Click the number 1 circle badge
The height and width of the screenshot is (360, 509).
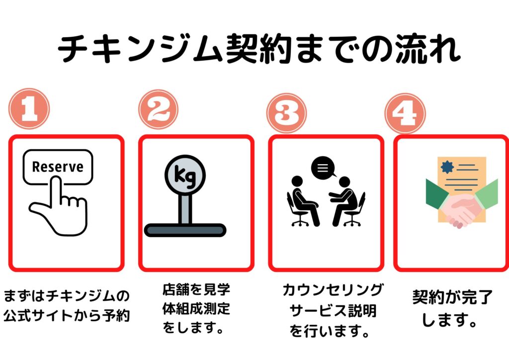pyautogui.click(x=29, y=109)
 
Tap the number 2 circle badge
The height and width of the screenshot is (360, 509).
pyautogui.click(x=159, y=110)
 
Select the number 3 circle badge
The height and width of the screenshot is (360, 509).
pyautogui.click(x=286, y=113)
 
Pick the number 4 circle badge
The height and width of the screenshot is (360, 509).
pyautogui.click(x=405, y=113)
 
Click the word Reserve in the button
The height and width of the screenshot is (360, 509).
pyautogui.click(x=58, y=167)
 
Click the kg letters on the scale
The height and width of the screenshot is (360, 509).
pyautogui.click(x=185, y=176)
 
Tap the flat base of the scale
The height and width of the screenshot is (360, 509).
pyautogui.click(x=185, y=230)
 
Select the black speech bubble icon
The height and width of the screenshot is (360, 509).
pyautogui.click(x=323, y=168)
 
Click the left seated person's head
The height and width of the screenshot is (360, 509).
pyautogui.click(x=297, y=181)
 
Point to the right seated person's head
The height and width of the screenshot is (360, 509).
pyautogui.click(x=344, y=182)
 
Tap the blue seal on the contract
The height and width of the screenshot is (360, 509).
pyautogui.click(x=447, y=167)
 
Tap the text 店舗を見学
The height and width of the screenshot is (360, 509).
pyautogui.click(x=196, y=289)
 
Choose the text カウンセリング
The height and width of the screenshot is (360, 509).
pyautogui.click(x=333, y=290)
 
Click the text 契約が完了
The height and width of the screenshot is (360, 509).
pyautogui.click(x=452, y=297)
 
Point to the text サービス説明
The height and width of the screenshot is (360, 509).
pyautogui.click(x=333, y=311)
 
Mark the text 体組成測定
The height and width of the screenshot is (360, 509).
pyautogui.click(x=196, y=309)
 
